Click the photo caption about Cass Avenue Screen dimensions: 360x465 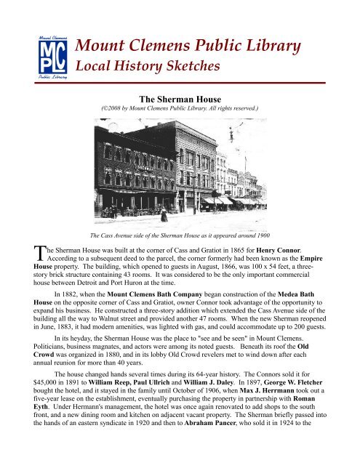[180, 236]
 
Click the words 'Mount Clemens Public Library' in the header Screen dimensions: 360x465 [189, 47]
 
